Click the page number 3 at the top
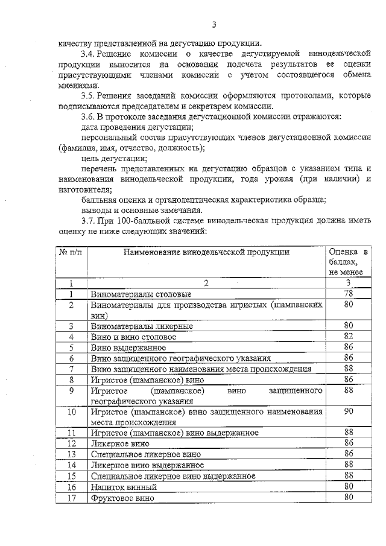coord(214,24)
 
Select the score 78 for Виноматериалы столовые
coord(348,294)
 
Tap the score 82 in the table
coord(348,336)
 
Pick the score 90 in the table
coord(348,411)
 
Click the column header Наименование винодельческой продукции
coord(206,252)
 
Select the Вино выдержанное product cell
coord(125,347)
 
